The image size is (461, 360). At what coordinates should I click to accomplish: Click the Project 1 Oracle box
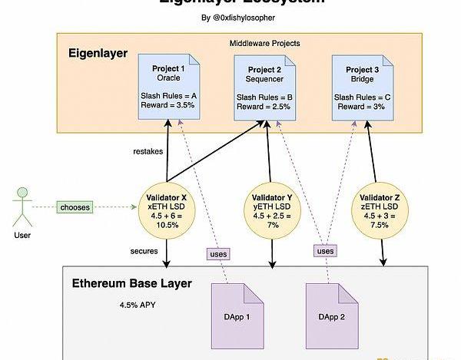168,86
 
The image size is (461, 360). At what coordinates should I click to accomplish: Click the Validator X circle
167,206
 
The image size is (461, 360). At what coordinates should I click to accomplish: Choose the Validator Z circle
381,206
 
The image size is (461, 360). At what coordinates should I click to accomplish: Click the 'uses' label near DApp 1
218,253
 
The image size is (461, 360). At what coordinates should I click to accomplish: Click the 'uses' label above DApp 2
326,251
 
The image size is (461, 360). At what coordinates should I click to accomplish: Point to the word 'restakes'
148,151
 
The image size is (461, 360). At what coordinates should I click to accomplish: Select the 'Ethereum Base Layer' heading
131,284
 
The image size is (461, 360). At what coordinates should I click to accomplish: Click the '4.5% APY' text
138,305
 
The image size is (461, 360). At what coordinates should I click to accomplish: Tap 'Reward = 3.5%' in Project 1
167,107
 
